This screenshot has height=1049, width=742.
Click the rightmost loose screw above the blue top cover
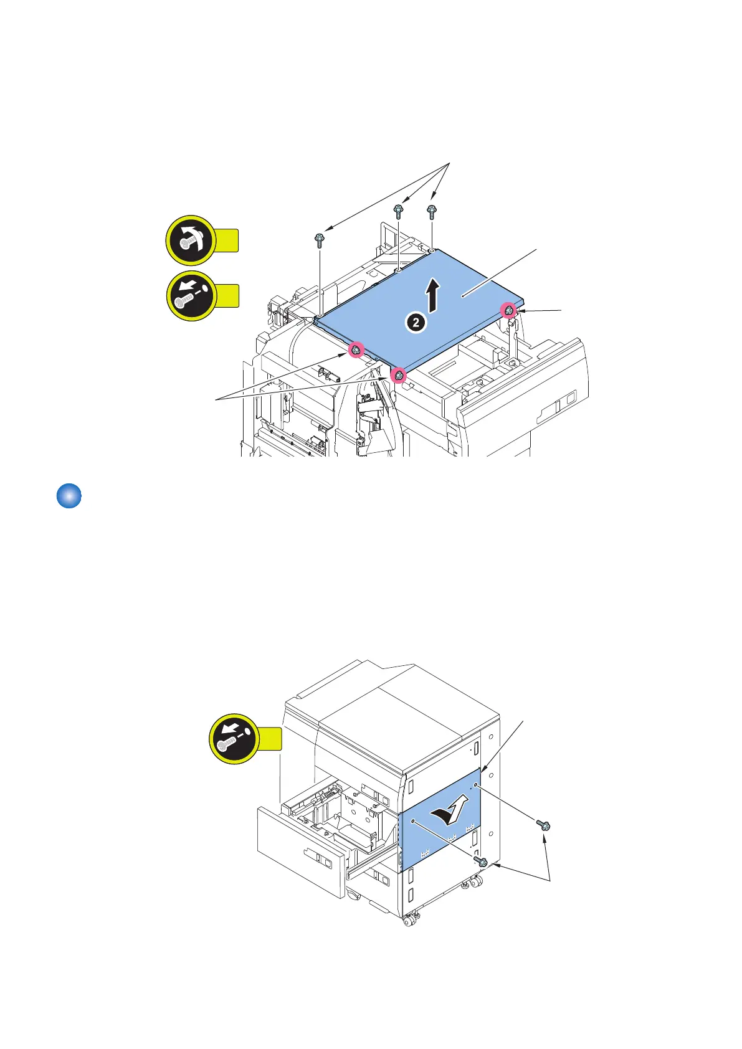click(431, 211)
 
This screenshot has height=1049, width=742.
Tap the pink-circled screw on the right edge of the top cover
click(509, 310)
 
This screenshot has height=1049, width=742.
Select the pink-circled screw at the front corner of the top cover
click(398, 375)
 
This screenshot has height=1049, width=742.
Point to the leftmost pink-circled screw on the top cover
click(355, 351)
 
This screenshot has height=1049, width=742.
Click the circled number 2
click(416, 323)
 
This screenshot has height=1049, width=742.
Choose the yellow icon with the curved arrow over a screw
click(191, 240)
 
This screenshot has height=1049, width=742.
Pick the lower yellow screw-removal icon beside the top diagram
click(191, 296)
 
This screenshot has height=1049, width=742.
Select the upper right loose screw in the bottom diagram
click(544, 825)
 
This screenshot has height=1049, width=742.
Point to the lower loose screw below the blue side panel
click(481, 862)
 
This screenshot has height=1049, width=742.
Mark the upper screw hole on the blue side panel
click(475, 786)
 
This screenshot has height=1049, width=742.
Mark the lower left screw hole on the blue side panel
click(413, 822)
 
